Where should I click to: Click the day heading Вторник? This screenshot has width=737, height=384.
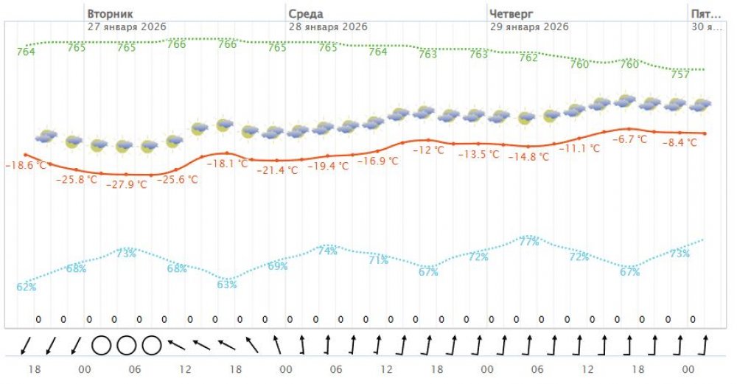coord(110,14)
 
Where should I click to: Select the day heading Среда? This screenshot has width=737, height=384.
coord(305,14)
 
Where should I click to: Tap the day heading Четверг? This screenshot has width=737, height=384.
coord(511,14)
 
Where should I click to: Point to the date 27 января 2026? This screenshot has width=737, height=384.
coord(127,27)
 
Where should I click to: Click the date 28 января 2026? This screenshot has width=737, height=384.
coord(328,27)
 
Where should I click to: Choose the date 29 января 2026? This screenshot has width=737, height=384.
coord(529,27)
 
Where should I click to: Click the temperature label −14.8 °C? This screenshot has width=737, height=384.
coord(529,156)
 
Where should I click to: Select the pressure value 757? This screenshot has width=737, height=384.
coord(680,74)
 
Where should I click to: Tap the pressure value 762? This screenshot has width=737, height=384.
coord(528,57)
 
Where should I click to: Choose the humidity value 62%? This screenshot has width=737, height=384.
coord(27,287)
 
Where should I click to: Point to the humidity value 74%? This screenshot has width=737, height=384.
coord(327,251)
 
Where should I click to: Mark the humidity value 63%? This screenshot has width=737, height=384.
coord(227,284)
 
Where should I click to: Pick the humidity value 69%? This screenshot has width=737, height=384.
coord(278,265)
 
